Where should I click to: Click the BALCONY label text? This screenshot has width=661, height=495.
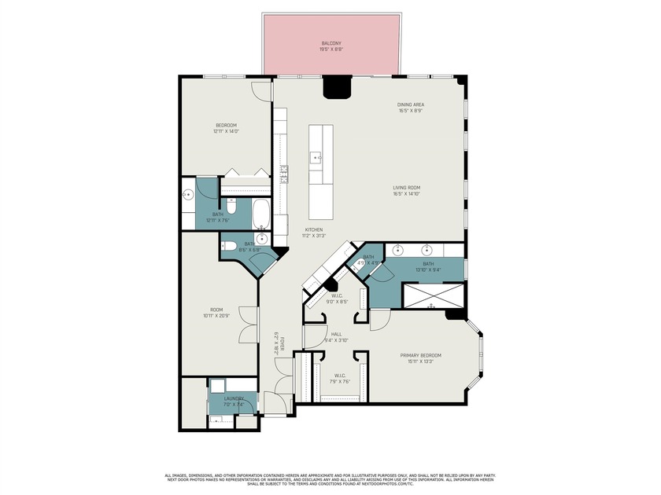[x=330, y=43]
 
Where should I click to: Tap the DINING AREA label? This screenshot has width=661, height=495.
[x=410, y=104]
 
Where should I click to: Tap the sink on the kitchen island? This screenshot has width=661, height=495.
[x=317, y=157]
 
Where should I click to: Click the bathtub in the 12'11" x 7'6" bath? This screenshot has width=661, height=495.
[x=260, y=212]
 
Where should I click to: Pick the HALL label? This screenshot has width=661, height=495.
[x=336, y=334]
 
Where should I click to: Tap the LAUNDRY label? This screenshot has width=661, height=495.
[x=234, y=398]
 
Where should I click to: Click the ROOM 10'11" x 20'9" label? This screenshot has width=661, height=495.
[x=215, y=311]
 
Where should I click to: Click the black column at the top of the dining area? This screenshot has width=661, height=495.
[x=338, y=86]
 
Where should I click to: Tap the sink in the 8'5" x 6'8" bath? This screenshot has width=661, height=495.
[x=261, y=239]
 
